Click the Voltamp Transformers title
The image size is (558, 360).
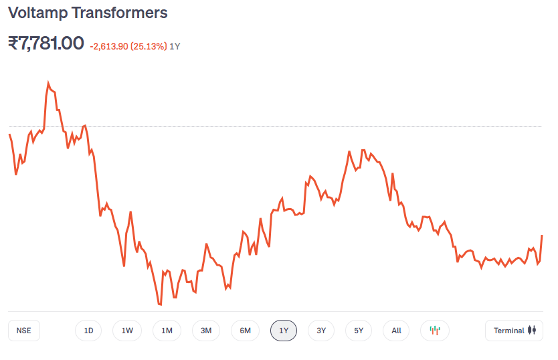pos(88,13)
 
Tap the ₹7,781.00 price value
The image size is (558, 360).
pos(46,43)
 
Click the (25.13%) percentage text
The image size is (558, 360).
pos(149,46)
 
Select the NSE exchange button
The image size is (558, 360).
pos(24,331)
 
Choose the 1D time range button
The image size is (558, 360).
pos(88,331)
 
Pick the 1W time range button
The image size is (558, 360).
pos(127,331)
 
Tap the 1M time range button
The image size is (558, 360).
pos(167,331)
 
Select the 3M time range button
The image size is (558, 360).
pos(206,331)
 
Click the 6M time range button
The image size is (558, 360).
pos(246,331)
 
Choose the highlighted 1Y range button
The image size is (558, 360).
pos(284,331)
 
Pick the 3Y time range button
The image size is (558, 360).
pos(321,331)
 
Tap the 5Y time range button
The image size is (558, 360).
pos(359,331)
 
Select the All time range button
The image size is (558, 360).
pos(397,331)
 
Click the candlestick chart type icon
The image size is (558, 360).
pos(435,331)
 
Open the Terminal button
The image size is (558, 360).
pos(515,331)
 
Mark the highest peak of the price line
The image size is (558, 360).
pos(48,83)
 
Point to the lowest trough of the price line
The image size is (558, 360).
pos(161,304)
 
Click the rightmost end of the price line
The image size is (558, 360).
pos(542,236)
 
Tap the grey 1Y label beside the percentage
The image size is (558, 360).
pos(175,46)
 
